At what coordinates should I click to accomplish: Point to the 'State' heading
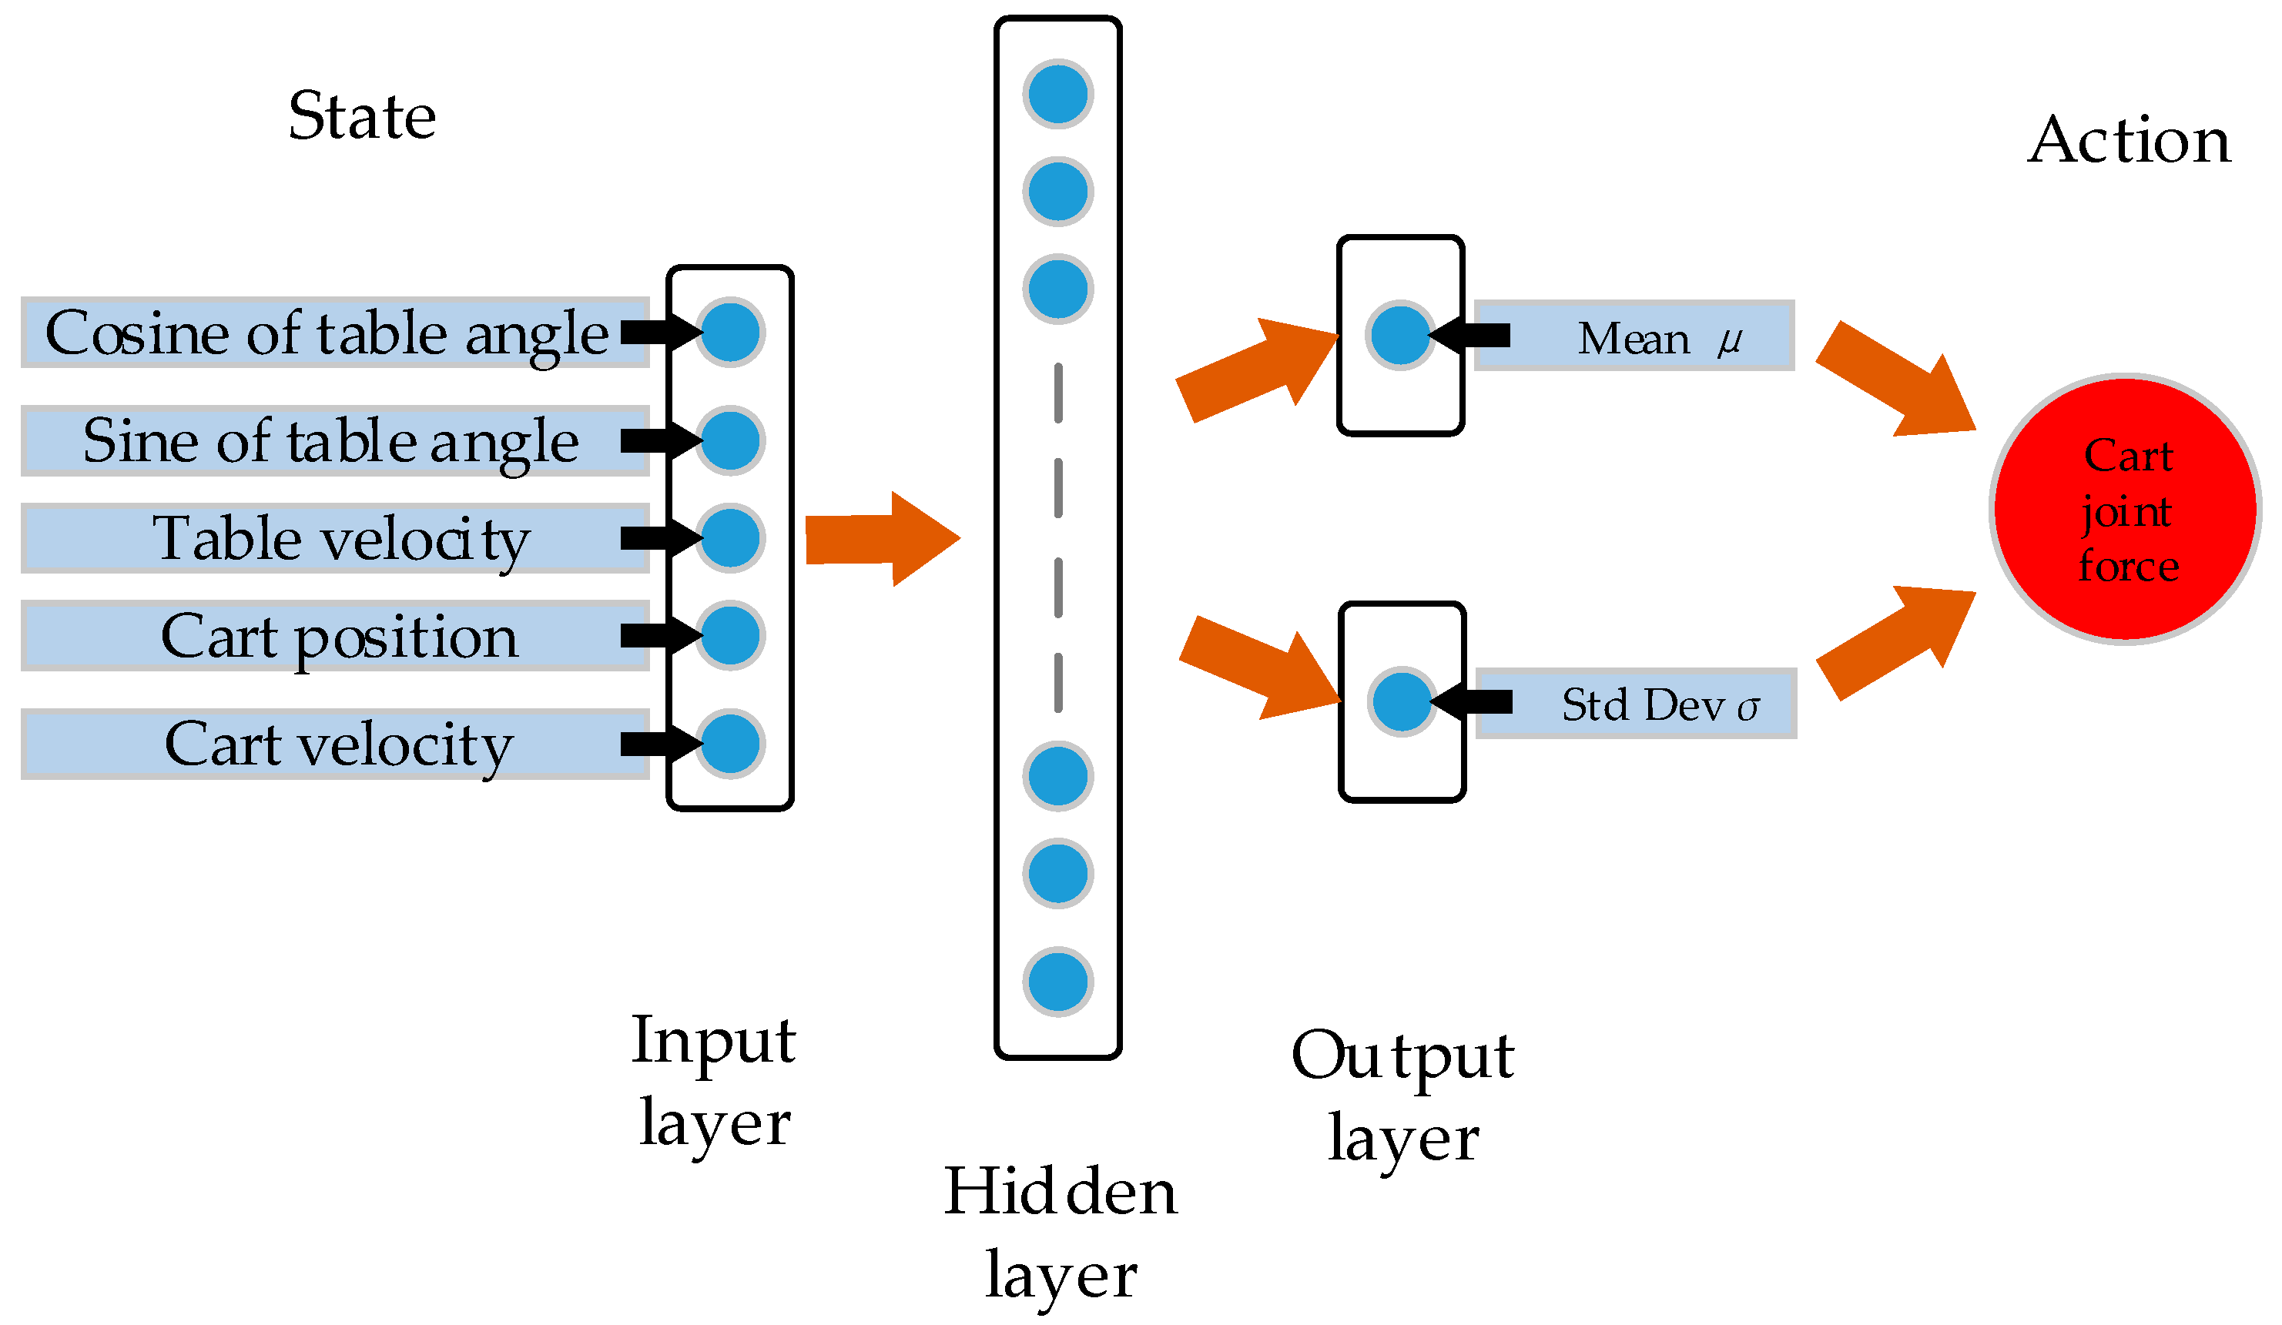click(x=363, y=118)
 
